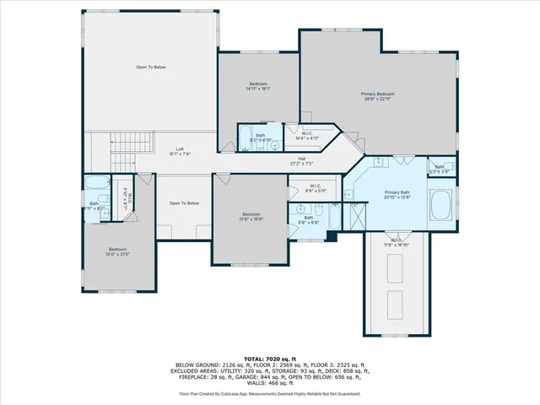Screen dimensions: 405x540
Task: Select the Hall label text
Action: point(301,160)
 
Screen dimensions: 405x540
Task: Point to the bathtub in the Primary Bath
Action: point(440,205)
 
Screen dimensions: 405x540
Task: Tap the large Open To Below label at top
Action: point(151,67)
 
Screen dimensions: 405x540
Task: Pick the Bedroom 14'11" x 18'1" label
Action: point(258,86)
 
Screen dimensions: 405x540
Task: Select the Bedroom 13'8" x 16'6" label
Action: point(251,216)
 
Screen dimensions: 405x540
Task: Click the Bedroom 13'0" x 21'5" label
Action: point(116,251)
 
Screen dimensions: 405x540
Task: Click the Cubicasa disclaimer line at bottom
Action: point(269,393)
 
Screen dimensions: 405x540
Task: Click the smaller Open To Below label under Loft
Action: point(184,203)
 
